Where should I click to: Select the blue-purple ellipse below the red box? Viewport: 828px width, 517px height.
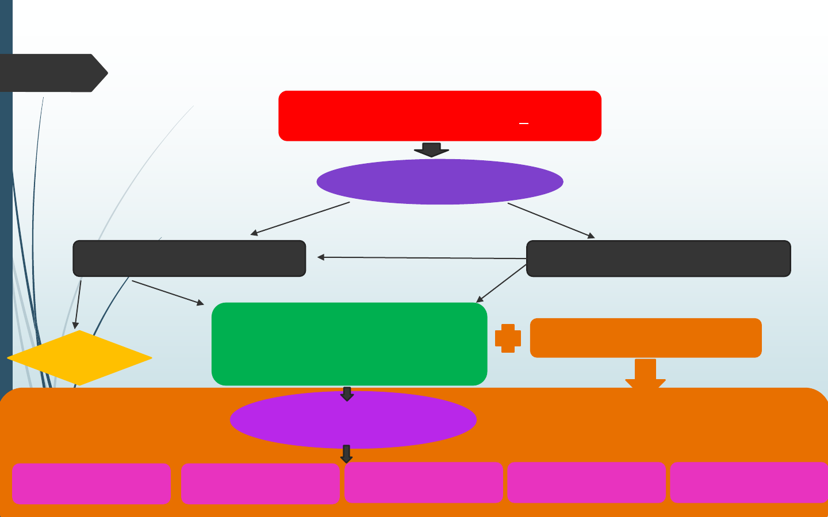(440, 182)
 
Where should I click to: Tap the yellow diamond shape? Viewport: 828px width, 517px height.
(79, 358)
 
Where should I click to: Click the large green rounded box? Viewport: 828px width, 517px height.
(349, 344)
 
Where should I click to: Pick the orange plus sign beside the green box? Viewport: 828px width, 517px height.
(508, 338)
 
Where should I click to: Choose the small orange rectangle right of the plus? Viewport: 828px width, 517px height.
(646, 338)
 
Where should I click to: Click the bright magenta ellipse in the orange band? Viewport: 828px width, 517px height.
(353, 420)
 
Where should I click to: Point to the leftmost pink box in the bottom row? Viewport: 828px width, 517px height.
(91, 484)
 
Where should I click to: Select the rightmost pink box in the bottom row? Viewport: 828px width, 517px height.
(749, 483)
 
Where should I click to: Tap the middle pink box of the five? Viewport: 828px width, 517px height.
(424, 483)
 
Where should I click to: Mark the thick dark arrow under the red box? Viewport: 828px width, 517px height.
(431, 149)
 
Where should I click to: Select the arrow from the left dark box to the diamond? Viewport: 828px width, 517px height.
(78, 304)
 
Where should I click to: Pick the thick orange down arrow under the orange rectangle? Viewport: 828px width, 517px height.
(645, 373)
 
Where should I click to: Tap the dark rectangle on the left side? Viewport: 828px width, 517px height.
(189, 258)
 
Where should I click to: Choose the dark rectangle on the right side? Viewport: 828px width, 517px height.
(658, 258)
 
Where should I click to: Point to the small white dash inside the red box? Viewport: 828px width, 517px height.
(524, 124)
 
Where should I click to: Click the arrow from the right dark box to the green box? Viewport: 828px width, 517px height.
(501, 284)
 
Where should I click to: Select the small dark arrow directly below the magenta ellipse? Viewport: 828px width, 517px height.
(346, 454)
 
